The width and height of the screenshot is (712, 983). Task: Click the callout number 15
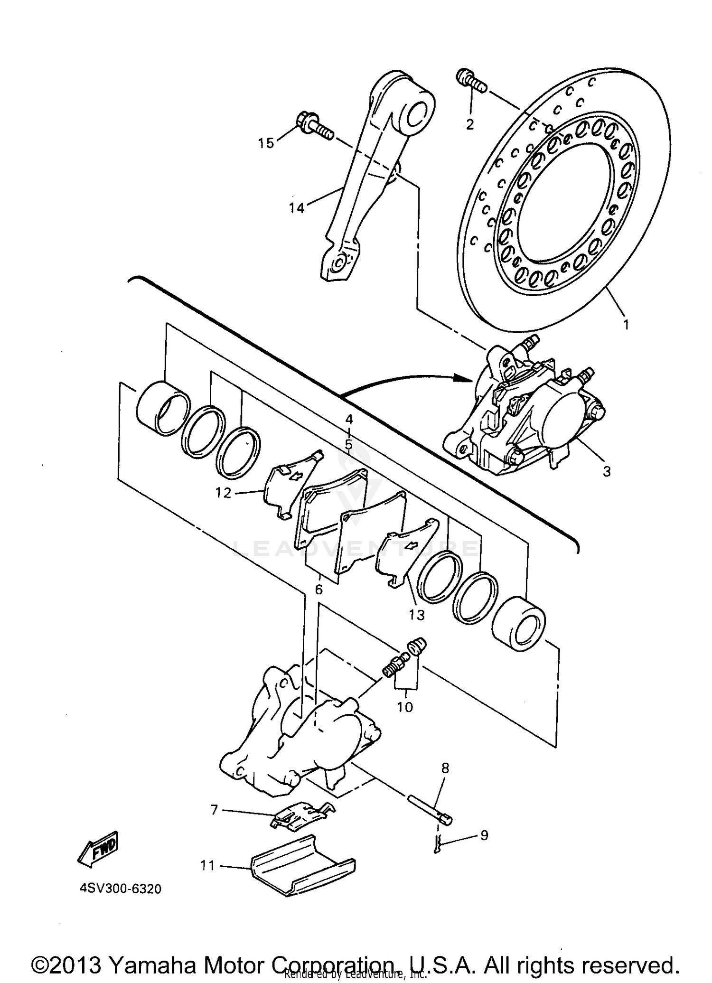pyautogui.click(x=266, y=143)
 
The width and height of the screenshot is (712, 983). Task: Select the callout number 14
pyautogui.click(x=297, y=208)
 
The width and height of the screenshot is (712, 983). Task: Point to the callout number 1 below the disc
pyautogui.click(x=626, y=325)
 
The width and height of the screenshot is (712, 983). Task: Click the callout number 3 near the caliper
pyautogui.click(x=607, y=472)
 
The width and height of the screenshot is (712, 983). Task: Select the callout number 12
pyautogui.click(x=223, y=493)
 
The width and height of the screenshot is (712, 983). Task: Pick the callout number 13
pyautogui.click(x=417, y=615)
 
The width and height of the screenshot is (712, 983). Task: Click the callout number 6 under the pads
pyautogui.click(x=319, y=590)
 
